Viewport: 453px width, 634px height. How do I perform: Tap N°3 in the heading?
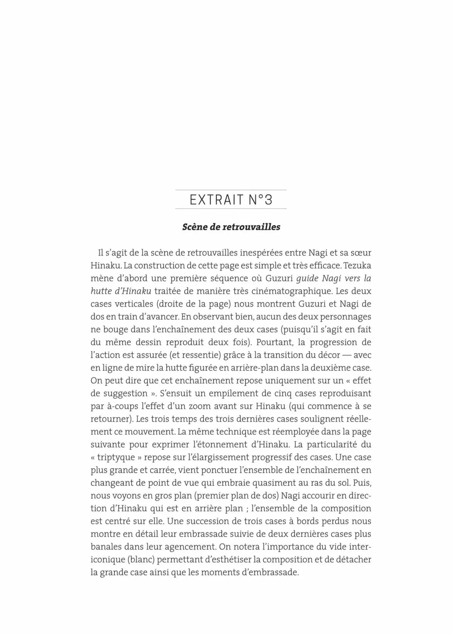(x=260, y=200)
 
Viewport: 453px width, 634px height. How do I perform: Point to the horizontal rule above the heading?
(x=231, y=190)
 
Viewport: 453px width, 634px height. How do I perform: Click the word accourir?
(x=312, y=496)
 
